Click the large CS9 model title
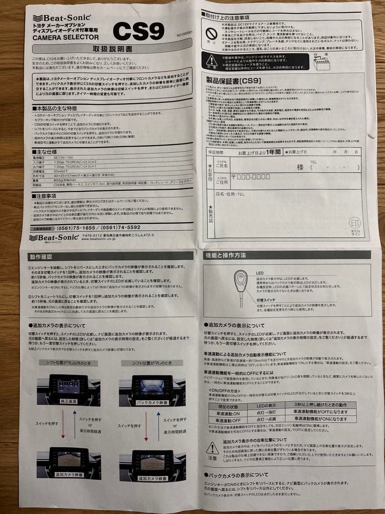pyautogui.click(x=138, y=31)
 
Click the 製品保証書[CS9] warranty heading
pyautogui.click(x=231, y=81)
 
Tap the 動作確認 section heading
pyautogui.click(x=41, y=257)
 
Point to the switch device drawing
pyautogui.click(x=241, y=286)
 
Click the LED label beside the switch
pyautogui.click(x=260, y=273)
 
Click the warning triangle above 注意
pyautogui.click(x=212, y=448)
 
